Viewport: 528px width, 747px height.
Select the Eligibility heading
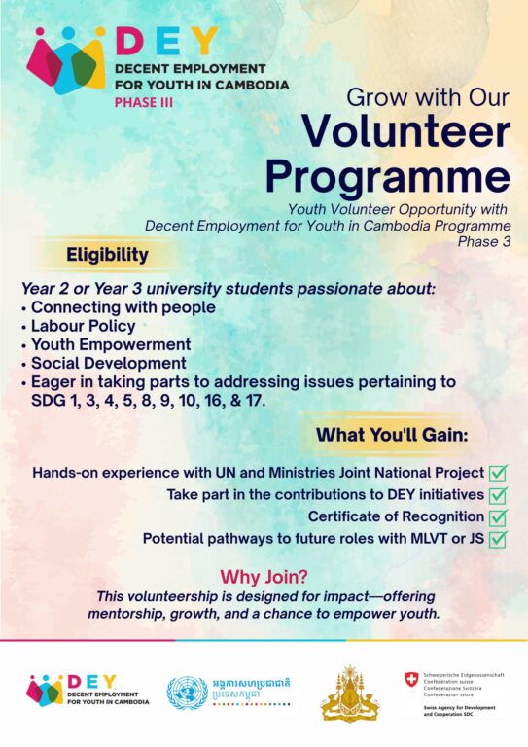coord(107,255)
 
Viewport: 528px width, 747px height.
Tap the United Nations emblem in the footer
coord(187,694)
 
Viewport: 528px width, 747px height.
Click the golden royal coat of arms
coord(350,694)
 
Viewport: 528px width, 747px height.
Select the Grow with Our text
coord(428,97)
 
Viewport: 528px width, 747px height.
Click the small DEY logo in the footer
coord(88,690)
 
